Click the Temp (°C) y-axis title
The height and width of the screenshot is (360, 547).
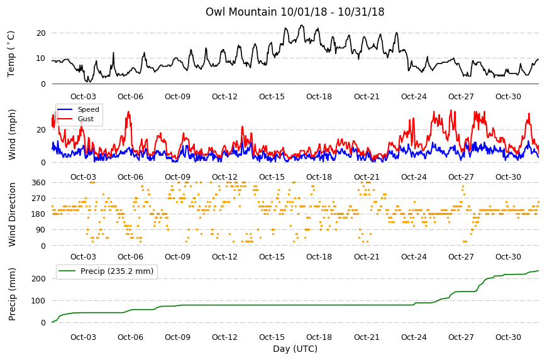point(11,54)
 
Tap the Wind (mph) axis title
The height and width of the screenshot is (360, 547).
point(12,134)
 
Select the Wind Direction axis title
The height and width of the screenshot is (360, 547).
point(12,214)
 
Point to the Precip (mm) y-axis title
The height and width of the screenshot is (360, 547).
point(12,294)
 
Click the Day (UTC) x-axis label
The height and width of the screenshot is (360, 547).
point(295,349)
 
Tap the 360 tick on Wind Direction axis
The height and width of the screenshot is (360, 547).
point(39,183)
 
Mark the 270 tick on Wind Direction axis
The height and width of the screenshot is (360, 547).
point(39,199)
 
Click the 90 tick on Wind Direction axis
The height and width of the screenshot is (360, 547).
point(41,230)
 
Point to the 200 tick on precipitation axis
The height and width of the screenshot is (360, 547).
point(39,279)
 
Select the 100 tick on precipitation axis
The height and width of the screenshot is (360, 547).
point(39,301)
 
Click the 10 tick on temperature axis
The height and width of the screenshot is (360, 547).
point(41,58)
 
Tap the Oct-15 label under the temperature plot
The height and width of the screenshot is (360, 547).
point(272,97)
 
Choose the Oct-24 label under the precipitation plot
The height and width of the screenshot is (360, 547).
point(414,337)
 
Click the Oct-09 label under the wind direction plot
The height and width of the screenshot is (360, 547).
point(177,257)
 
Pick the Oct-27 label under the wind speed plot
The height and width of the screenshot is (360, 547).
point(461,177)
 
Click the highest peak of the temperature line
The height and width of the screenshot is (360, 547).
point(302,25)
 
